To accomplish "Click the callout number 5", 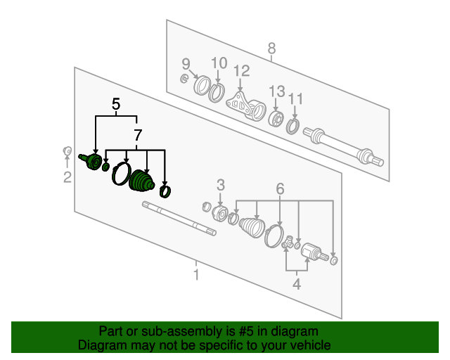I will (116, 105).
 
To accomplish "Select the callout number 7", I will (138, 134).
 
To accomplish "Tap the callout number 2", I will (67, 178).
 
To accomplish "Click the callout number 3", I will (220, 186).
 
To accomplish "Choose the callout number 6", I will (280, 188).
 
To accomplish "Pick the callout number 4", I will (297, 284).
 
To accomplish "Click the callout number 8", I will (272, 49).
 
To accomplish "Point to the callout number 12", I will (242, 70).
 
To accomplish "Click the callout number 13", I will (276, 91).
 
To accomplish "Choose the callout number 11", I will (296, 98).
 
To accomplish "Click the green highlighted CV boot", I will (142, 182).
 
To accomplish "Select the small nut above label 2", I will (67, 150).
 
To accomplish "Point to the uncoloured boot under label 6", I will (250, 229).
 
